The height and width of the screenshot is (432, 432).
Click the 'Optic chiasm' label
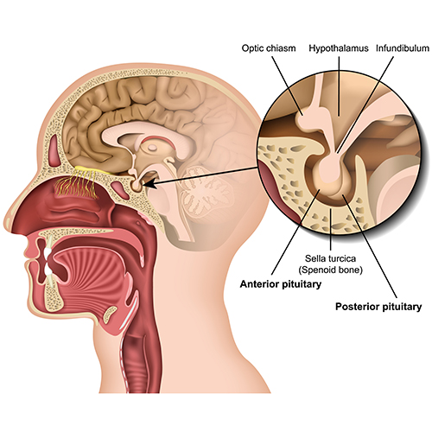269,48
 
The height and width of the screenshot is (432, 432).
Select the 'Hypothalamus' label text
339,48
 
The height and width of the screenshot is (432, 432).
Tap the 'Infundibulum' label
403,48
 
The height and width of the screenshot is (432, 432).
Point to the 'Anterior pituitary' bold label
281,284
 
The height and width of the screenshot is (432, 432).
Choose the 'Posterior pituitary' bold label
378,307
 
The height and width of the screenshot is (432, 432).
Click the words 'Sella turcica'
330,258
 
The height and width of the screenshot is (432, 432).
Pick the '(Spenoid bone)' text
330,270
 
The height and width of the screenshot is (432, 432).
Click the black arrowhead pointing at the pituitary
149,183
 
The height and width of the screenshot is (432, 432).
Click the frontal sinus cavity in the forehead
54,150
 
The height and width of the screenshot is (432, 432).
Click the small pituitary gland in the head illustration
137,186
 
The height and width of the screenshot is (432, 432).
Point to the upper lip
29,249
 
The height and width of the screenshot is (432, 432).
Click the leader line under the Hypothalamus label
339,86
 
